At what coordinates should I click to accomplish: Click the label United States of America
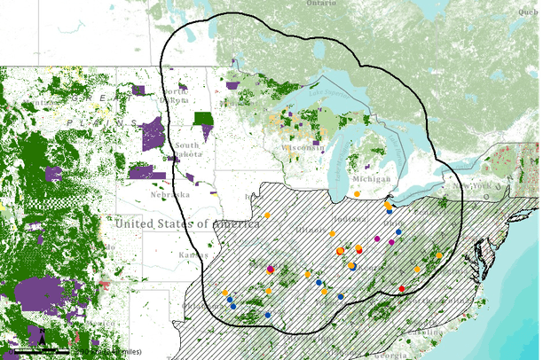coord(186,223)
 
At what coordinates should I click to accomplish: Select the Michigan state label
coord(375,179)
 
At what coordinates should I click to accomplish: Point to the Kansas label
coord(188,254)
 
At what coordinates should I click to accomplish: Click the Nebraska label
coord(169,194)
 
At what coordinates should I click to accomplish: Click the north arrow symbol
coord(41,335)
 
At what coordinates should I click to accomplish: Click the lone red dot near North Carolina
coord(402,289)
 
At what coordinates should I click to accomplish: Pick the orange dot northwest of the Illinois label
coord(267,215)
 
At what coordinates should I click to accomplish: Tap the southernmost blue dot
coord(268,315)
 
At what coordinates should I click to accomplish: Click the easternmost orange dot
coord(439,255)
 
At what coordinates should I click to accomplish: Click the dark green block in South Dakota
coord(204,119)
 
